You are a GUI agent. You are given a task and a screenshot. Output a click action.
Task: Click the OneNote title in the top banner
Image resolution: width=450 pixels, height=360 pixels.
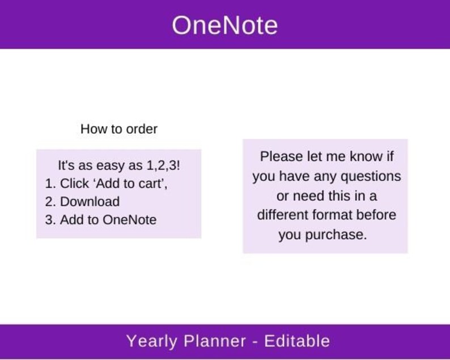point(225,26)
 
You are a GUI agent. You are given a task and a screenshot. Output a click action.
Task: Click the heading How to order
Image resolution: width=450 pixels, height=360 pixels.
point(119,129)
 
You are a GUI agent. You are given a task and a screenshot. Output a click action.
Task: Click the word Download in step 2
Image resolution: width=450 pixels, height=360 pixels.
point(90,202)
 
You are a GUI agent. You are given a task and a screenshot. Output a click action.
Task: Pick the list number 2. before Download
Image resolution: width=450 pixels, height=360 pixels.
point(50,202)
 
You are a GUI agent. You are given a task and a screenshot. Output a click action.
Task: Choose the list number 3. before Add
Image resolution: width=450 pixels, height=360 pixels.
point(50,220)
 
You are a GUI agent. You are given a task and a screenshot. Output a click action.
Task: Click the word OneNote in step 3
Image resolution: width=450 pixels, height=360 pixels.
point(129,220)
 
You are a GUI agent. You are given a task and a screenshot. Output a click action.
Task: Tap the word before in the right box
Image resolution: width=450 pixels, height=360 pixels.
point(377,215)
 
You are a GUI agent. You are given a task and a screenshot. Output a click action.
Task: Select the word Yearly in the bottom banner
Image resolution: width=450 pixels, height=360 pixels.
point(149,341)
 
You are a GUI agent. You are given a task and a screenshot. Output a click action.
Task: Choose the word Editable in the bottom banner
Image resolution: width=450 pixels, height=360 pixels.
point(297,341)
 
